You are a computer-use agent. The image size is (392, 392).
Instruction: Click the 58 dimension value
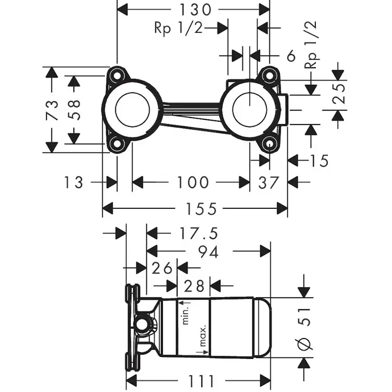(74, 109)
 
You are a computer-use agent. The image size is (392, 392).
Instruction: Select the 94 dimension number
(208, 252)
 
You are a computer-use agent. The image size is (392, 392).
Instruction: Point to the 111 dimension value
(197, 381)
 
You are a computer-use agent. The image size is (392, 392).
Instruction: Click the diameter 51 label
(306, 327)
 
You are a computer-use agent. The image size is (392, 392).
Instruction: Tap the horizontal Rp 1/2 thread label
(178, 28)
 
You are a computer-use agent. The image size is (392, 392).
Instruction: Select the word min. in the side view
(186, 315)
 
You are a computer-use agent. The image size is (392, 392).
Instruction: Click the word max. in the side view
(202, 336)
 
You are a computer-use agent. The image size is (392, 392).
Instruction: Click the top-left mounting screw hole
(116, 74)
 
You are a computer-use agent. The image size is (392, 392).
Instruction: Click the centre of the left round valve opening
(133, 109)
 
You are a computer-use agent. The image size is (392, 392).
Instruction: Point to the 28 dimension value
(194, 285)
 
